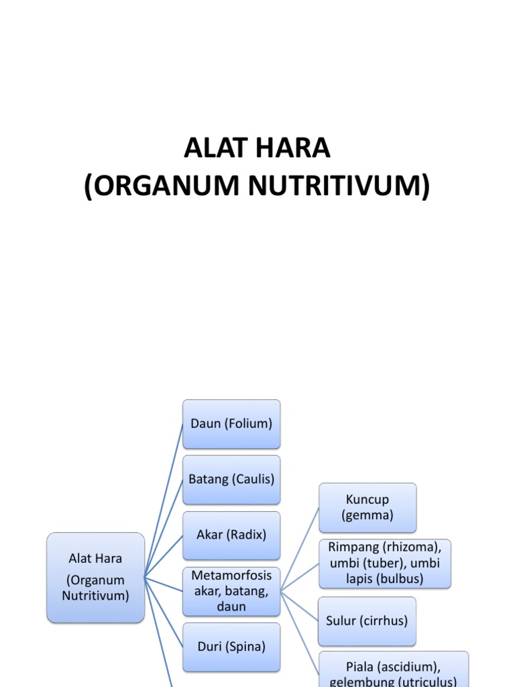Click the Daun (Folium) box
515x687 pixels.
(x=231, y=424)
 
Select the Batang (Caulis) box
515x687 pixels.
(x=231, y=480)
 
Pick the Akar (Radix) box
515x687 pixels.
(x=231, y=535)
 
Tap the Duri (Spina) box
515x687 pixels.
(x=231, y=647)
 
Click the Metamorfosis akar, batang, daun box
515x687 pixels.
(x=231, y=591)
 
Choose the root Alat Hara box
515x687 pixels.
(x=95, y=577)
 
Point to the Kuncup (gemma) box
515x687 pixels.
(x=367, y=508)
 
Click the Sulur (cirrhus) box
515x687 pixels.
(x=367, y=621)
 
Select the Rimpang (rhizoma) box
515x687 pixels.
(x=384, y=564)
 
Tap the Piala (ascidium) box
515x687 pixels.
(x=393, y=671)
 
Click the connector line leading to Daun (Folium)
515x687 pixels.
(x=164, y=500)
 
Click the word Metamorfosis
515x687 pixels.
(x=231, y=576)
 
